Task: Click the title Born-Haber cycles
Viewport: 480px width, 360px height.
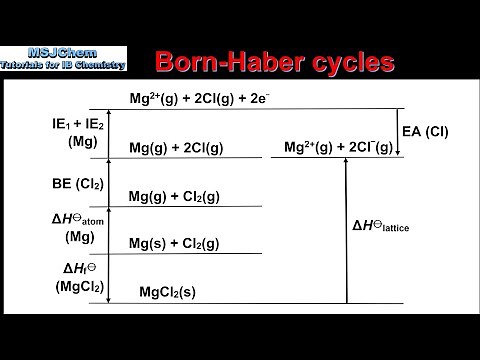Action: coord(274,61)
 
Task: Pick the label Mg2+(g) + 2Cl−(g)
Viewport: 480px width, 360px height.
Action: coord(337,147)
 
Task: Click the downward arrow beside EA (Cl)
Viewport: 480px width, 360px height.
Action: coord(398,132)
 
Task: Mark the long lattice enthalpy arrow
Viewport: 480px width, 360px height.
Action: coord(346,230)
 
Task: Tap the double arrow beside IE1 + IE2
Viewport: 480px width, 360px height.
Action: coord(110,133)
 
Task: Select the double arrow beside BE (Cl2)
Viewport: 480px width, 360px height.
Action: coord(110,182)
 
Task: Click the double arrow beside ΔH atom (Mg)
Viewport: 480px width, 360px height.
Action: coord(110,230)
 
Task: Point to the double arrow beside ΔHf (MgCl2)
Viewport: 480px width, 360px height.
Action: coord(110,278)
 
